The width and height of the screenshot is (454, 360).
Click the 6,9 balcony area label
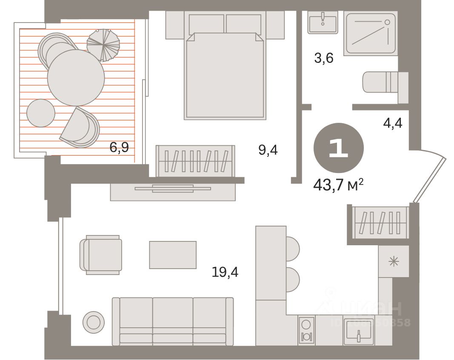pyautogui.click(x=119, y=148)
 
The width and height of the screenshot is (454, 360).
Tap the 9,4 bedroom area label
pyautogui.click(x=268, y=150)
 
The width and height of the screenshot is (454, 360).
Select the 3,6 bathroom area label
pyautogui.click(x=323, y=58)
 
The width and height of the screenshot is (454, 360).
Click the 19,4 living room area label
pyautogui.click(x=225, y=271)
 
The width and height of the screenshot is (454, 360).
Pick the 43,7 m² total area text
pyautogui.click(x=338, y=184)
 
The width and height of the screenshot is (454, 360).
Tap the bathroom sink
pyautogui.click(x=323, y=22)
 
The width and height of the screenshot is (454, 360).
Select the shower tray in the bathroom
pyautogui.click(x=370, y=33)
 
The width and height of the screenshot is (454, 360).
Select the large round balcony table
pyautogui.click(x=76, y=77)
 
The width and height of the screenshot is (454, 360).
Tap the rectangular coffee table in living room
pyautogui.click(x=173, y=255)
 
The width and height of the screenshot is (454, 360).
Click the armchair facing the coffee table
pyautogui.click(x=101, y=255)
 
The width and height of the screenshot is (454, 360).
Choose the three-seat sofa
pyautogui.click(x=173, y=321)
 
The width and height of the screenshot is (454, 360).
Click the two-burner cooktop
pyautogui.click(x=306, y=331)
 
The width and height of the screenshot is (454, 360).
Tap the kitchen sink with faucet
pyautogui.click(x=359, y=332)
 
